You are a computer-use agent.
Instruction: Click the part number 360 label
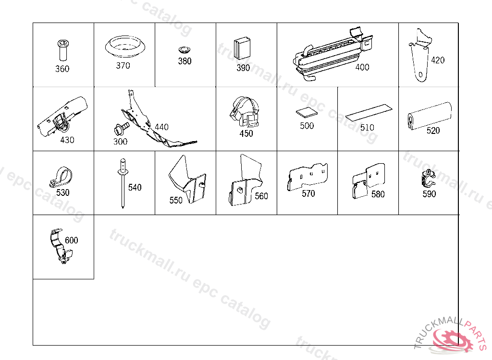62,69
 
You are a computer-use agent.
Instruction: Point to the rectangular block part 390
242,49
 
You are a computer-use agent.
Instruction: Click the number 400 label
362,67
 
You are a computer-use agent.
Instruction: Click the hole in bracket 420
421,74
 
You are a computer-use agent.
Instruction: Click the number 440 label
161,127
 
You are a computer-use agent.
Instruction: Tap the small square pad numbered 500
306,112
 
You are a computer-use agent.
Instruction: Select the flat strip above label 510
369,112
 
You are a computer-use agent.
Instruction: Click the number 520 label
433,131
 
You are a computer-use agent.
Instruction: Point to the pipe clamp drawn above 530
61,177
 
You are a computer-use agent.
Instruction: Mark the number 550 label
176,200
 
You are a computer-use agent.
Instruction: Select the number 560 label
261,196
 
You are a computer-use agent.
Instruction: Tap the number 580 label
378,194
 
